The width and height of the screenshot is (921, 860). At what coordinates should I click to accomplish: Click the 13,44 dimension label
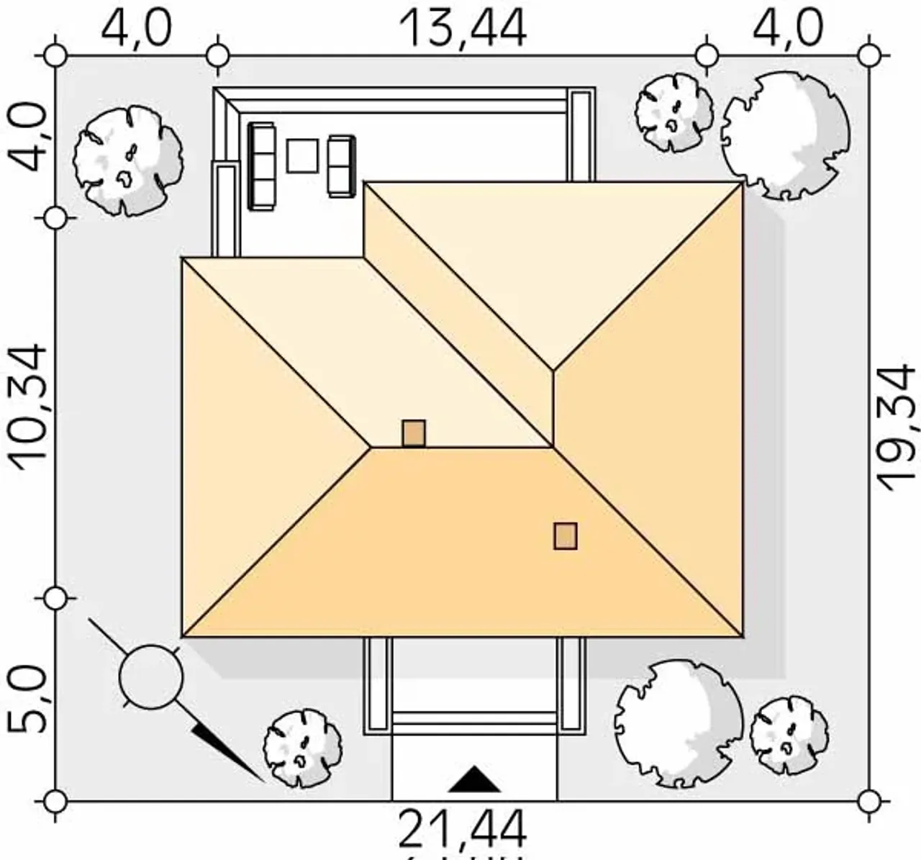pos(462,29)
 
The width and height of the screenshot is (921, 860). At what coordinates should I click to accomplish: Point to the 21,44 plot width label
pos(462,829)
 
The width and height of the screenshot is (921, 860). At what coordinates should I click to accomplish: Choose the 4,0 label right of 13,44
pos(787,29)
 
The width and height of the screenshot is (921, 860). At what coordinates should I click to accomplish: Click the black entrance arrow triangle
pos(474,779)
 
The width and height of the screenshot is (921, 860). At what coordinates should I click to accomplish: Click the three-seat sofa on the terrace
pos(262,166)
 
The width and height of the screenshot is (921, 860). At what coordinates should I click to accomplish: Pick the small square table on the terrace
pos(302,155)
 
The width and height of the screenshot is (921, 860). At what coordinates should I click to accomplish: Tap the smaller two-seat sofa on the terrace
pos(341,166)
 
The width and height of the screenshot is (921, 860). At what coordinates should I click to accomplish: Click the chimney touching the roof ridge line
pos(414,434)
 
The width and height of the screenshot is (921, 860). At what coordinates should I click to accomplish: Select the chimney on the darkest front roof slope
pos(566,536)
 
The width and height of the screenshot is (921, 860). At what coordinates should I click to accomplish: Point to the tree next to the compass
pos(302,748)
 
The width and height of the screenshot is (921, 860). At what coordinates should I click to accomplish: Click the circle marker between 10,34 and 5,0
pos(55,598)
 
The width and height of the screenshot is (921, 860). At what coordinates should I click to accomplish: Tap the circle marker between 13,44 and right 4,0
pos(707,55)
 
